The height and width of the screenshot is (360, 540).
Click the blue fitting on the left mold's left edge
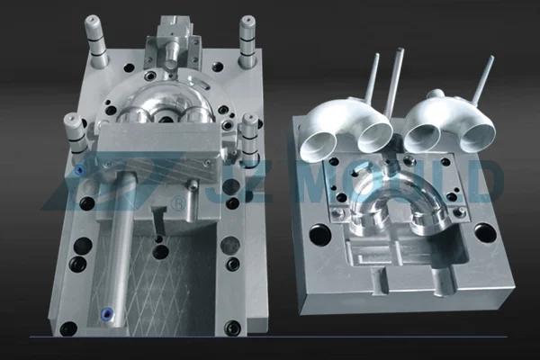pyautogui.click(x=81, y=168)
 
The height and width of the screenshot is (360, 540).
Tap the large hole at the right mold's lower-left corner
pyautogui.click(x=319, y=235)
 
